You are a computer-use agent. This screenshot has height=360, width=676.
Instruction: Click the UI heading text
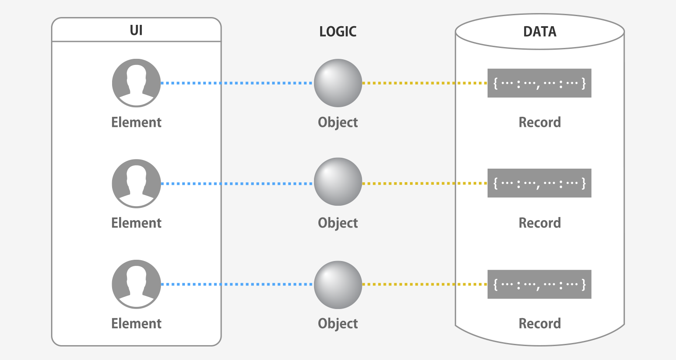136,30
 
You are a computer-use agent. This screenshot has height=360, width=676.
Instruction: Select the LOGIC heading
338,31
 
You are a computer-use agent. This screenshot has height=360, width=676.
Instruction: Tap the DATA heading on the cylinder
539,31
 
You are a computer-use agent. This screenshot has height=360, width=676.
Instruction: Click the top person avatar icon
137,83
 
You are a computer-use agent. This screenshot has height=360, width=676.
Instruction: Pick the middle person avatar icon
137,183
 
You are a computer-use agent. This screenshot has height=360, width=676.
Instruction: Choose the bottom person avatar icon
137,284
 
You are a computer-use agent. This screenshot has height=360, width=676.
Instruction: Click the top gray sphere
338,83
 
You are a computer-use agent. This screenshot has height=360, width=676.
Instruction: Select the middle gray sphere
338,182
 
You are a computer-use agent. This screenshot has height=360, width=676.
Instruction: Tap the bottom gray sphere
338,285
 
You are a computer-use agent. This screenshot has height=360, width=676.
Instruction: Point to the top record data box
539,83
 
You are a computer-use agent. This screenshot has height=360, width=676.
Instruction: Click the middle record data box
539,183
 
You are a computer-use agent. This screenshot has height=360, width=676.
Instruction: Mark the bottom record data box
539,284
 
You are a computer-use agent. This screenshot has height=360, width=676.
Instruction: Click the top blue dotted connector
237,83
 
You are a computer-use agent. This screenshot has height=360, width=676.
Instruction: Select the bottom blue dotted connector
237,284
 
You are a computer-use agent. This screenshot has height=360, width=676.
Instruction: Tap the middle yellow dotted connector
424,183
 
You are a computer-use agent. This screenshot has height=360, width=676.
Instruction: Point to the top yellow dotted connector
424,83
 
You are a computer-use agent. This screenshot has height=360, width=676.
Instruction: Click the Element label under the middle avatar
137,223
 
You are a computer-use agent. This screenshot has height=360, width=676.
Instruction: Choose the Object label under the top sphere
338,122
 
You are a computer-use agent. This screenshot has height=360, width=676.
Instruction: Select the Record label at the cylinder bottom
539,323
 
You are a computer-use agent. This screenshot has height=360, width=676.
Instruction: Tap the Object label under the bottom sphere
338,324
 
